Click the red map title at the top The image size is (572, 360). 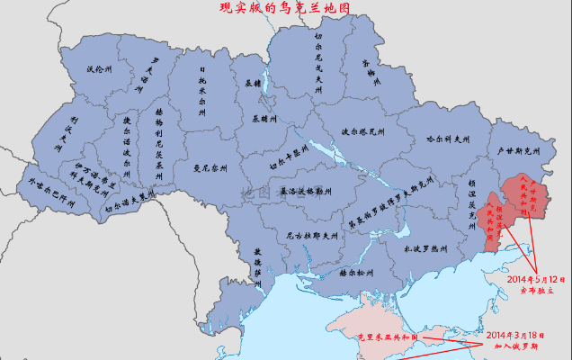tap(285, 8)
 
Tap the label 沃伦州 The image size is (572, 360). tap(98, 69)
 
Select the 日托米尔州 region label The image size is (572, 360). tap(203, 85)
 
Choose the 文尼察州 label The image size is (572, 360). tap(211, 167)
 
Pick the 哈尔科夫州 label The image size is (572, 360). tap(448, 139)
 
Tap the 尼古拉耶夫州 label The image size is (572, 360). tap(311, 236)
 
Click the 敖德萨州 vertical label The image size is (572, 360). tap(257, 262)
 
